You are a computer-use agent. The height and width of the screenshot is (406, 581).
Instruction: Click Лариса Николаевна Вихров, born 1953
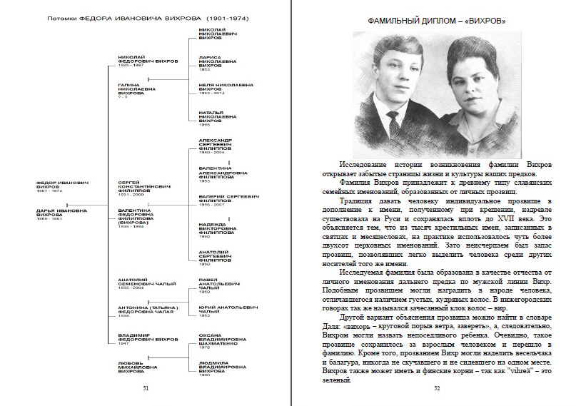218,61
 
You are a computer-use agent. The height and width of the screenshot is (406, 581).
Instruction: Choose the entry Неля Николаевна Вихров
226,87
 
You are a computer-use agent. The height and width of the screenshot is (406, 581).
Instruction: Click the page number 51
146,389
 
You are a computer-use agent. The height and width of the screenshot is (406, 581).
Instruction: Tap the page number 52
437,389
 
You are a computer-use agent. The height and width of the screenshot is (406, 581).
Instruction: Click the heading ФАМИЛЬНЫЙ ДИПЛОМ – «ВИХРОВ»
437,21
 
